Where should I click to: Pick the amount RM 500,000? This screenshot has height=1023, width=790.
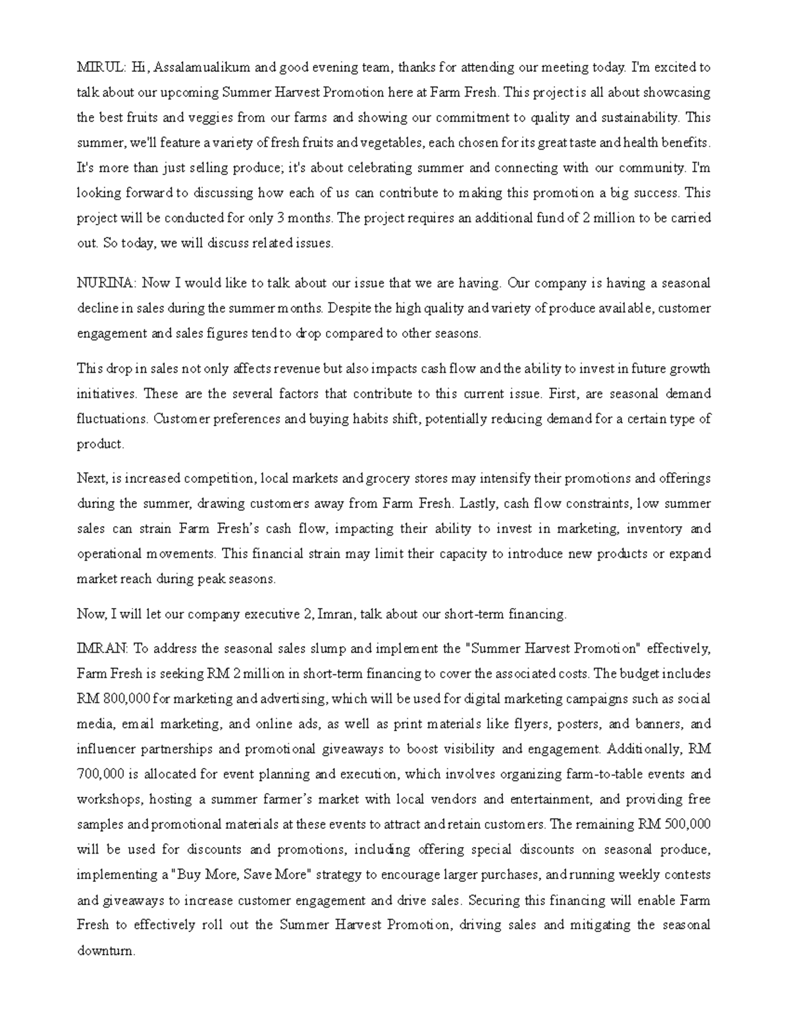coord(674,824)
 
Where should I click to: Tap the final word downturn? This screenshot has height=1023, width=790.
coord(105,951)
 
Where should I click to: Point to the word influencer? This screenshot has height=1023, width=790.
coord(105,749)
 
